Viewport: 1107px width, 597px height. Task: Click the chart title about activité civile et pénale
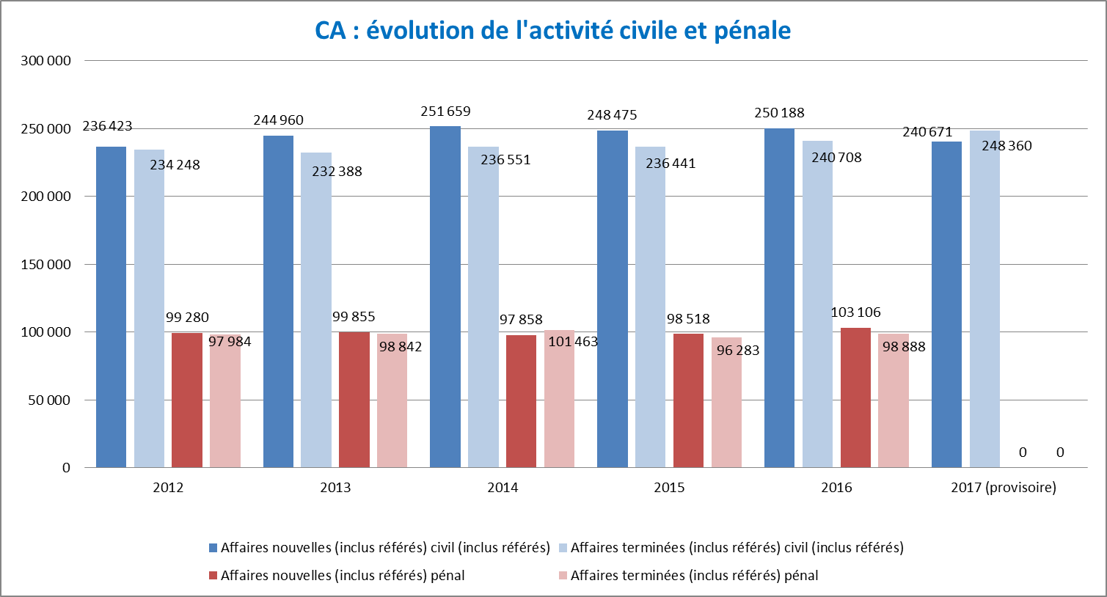pyautogui.click(x=553, y=31)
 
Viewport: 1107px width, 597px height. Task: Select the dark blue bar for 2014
pyautogui.click(x=445, y=297)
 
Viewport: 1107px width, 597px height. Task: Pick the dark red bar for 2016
pyautogui.click(x=855, y=398)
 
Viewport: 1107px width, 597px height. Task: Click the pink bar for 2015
pyautogui.click(x=726, y=402)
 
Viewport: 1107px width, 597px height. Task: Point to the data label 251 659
pyautogui.click(x=445, y=111)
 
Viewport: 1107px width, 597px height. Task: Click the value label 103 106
pyautogui.click(x=855, y=312)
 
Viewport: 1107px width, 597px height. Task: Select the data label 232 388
pyautogui.click(x=337, y=172)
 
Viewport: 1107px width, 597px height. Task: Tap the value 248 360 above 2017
pyautogui.click(x=1006, y=146)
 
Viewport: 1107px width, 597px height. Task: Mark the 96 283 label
pyautogui.click(x=738, y=351)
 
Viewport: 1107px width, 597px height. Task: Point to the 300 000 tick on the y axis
pyautogui.click(x=46, y=61)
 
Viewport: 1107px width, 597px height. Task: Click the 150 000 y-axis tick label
pyautogui.click(x=46, y=265)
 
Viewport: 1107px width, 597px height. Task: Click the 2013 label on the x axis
pyautogui.click(x=335, y=488)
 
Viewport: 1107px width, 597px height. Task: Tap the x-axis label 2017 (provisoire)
pyautogui.click(x=1004, y=488)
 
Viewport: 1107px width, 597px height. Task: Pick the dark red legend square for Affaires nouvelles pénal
pyautogui.click(x=213, y=576)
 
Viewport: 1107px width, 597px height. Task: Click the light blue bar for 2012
pyautogui.click(x=149, y=308)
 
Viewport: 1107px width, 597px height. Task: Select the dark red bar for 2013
pyautogui.click(x=354, y=400)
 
